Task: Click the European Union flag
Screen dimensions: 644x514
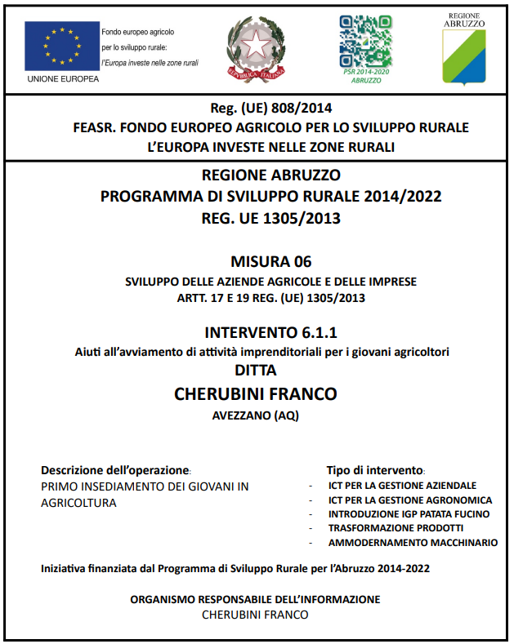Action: pyautogui.click(x=62, y=44)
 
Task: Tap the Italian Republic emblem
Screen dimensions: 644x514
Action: pyautogui.click(x=256, y=48)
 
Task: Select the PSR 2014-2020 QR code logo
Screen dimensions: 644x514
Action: pyautogui.click(x=366, y=42)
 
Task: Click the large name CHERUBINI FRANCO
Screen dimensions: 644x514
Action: pyautogui.click(x=256, y=394)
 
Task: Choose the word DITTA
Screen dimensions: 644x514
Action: pyautogui.click(x=257, y=371)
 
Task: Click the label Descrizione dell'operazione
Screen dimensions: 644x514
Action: pyautogui.click(x=114, y=471)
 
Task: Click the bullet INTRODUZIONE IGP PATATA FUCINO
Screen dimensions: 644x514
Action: pyautogui.click(x=409, y=514)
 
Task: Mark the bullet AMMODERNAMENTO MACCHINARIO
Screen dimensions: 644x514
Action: pyautogui.click(x=413, y=543)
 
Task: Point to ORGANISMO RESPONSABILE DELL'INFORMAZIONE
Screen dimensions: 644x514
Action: pyautogui.click(x=256, y=599)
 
